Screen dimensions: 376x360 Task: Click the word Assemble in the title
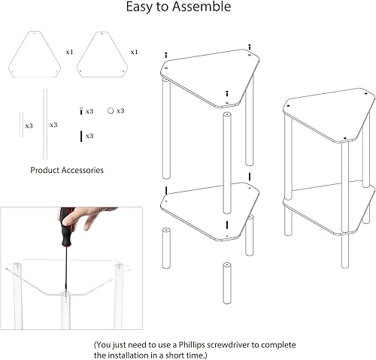pos(202,7)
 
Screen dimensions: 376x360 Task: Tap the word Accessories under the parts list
pos(82,170)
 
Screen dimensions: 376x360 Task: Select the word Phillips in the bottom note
pos(193,345)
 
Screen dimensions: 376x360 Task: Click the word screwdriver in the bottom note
pos(229,345)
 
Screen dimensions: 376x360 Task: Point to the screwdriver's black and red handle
pos(65,227)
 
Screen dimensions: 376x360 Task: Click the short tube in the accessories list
pos(21,124)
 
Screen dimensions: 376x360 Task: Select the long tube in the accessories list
pos(45,124)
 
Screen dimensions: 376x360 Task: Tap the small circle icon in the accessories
pos(111,110)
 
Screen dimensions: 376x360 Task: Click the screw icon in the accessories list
pos(81,111)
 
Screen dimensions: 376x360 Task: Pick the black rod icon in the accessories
pos(81,136)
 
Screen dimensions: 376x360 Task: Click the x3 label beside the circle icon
pos(120,110)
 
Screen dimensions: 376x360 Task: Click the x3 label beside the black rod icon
pos(89,136)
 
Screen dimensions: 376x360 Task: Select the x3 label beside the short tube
pos(29,126)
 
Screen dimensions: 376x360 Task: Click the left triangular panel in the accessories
pos(35,54)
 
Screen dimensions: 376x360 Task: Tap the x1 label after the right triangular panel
pos(134,52)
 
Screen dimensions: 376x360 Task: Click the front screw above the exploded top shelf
pos(227,94)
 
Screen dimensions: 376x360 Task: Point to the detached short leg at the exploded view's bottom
pos(227,283)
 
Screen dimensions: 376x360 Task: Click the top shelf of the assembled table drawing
pos(329,116)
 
